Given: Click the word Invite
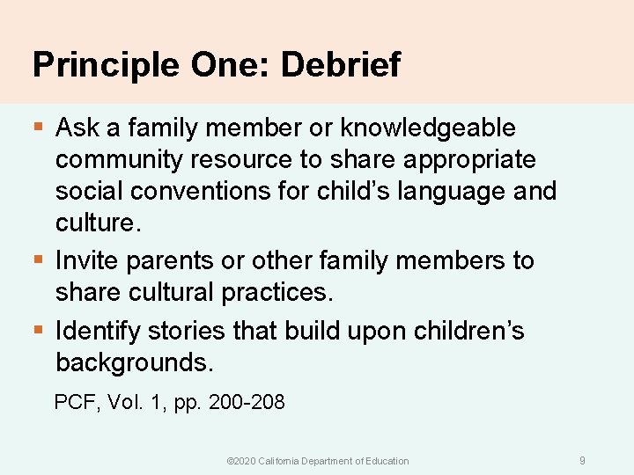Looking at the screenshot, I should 85,260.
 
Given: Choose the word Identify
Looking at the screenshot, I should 97,331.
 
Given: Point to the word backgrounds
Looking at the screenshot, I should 134,362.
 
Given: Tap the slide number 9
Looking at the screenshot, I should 582,460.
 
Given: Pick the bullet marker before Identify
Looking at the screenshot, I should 37,332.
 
